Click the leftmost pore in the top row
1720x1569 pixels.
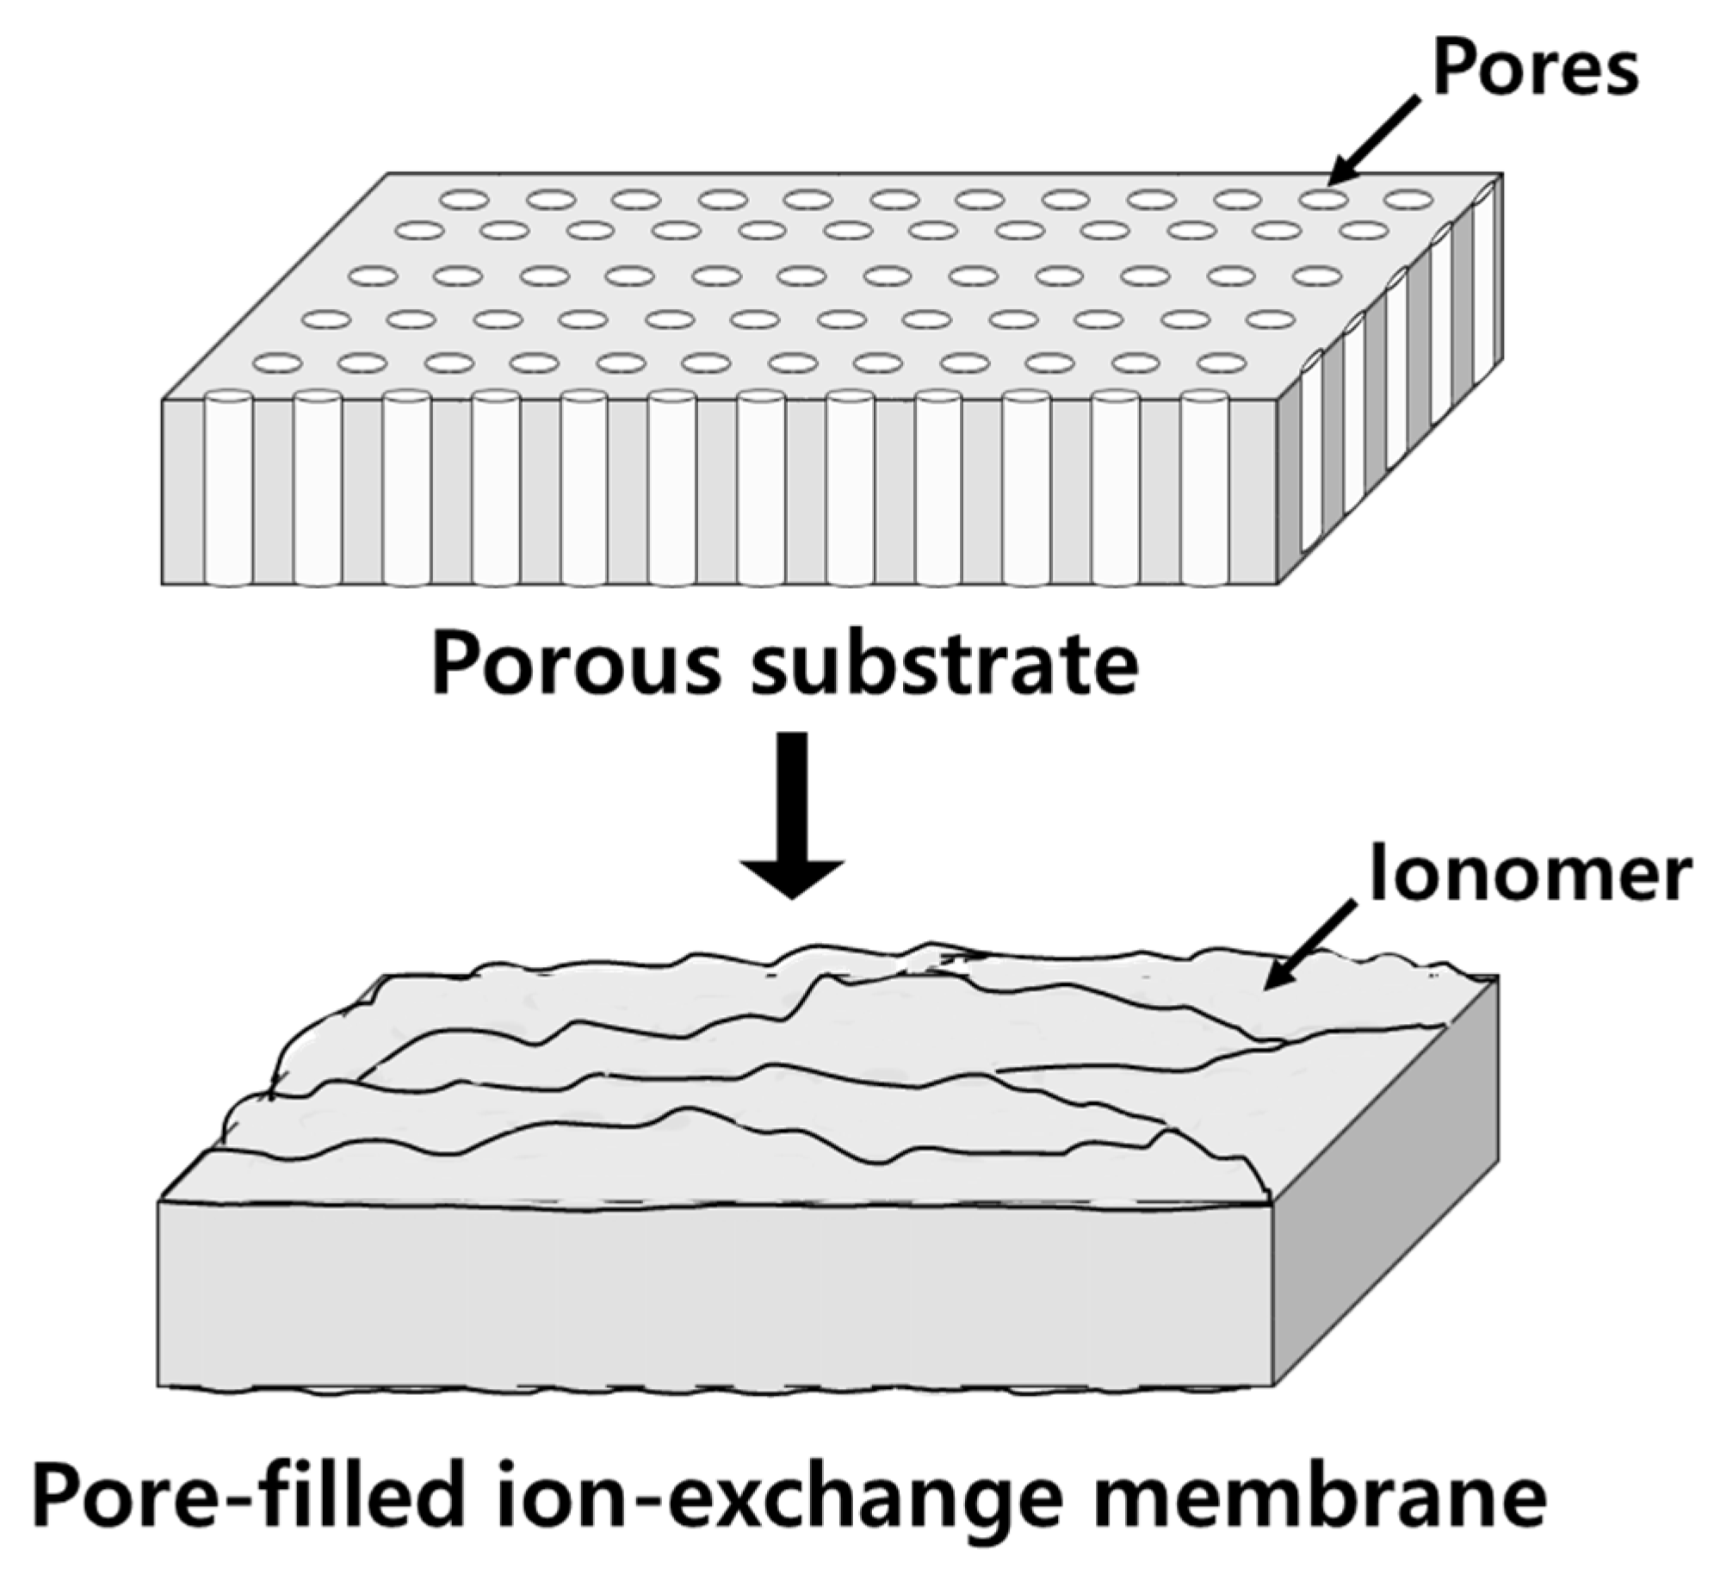pos(465,200)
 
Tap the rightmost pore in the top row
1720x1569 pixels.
pos(1408,201)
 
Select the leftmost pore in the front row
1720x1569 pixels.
pos(277,363)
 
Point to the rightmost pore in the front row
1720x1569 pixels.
pos(1222,363)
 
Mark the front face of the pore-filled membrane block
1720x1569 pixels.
pos(715,1292)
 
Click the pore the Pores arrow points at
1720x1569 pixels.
pos(1323,200)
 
